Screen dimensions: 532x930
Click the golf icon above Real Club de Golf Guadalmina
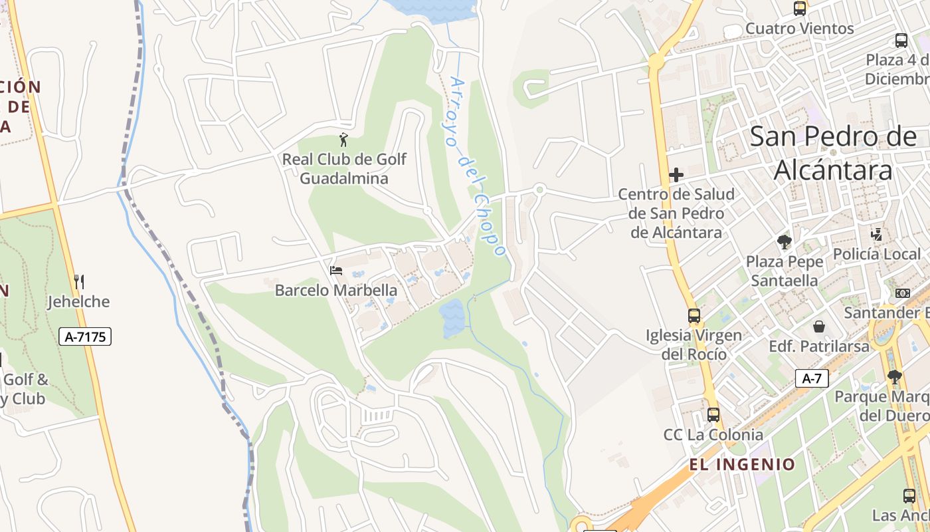click(x=343, y=140)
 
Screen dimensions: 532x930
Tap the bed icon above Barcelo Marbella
click(x=336, y=271)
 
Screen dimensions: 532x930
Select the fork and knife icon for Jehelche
click(x=79, y=282)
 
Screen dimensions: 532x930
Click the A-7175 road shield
click(x=86, y=336)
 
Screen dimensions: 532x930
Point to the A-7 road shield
click(x=812, y=378)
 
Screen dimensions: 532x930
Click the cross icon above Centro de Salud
click(x=676, y=175)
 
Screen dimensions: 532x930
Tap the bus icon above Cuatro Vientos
click(x=800, y=9)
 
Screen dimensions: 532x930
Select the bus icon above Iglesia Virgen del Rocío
click(x=694, y=316)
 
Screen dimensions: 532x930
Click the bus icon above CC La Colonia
click(x=713, y=415)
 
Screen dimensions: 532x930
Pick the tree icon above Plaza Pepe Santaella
click(x=785, y=242)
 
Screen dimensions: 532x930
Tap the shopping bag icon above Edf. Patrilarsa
click(x=819, y=327)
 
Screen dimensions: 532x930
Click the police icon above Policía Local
click(x=877, y=235)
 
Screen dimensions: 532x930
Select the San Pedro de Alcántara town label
click(x=834, y=153)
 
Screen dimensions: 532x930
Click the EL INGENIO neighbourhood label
click(x=742, y=464)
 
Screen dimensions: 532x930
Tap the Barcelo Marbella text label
click(x=336, y=291)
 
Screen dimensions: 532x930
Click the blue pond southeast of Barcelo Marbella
click(x=452, y=318)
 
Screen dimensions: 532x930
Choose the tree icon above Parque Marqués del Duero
click(x=895, y=377)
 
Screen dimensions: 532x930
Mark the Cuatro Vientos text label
click(x=799, y=29)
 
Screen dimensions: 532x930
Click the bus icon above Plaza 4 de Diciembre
click(x=901, y=41)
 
